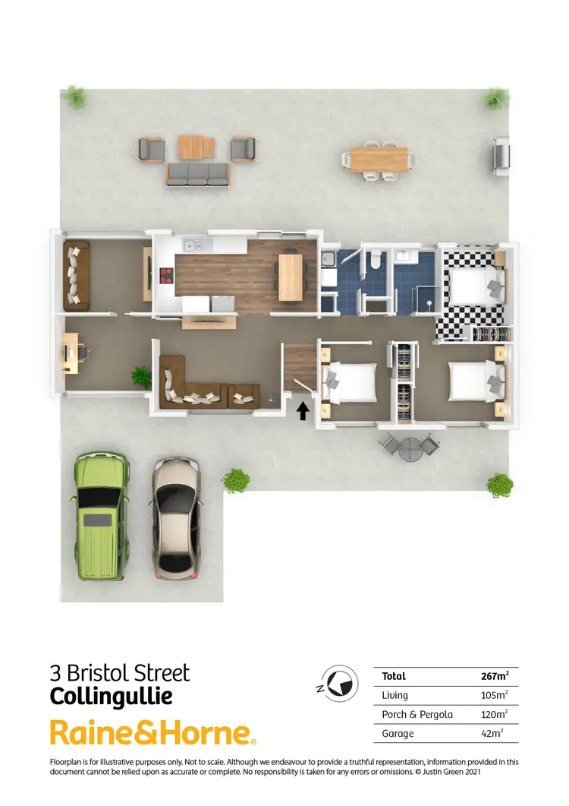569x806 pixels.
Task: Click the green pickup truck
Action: (x=100, y=517)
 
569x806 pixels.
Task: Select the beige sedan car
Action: (x=177, y=518)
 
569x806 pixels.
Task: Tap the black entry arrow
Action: (x=303, y=411)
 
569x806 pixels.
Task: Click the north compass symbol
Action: (x=340, y=681)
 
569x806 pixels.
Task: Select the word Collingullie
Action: (x=111, y=696)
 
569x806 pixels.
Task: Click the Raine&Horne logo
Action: (x=152, y=733)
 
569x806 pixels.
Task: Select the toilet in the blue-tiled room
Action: (x=374, y=263)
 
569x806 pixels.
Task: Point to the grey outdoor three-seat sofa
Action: (x=196, y=174)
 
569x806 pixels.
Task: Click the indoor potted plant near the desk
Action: (x=141, y=375)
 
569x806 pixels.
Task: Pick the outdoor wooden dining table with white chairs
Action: (x=379, y=160)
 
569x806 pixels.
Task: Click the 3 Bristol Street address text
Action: (x=120, y=672)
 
